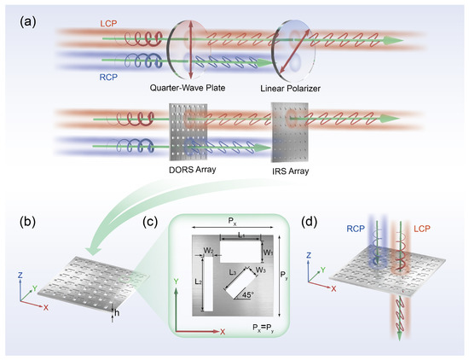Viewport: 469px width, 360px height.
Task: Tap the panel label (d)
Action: (315, 224)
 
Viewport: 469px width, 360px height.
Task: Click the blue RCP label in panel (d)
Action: (356, 229)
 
